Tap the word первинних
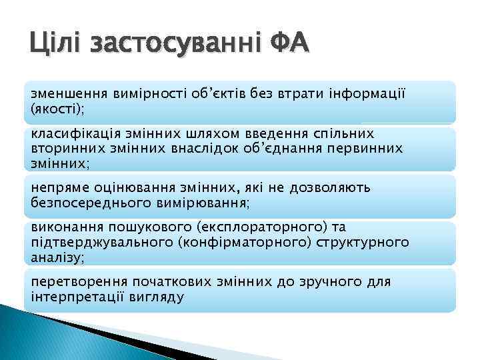(x=367, y=148)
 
